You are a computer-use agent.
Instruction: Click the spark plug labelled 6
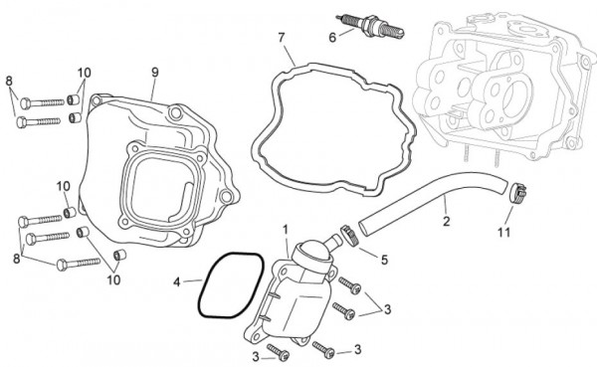coord(369,25)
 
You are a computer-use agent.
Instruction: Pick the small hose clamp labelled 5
coord(349,235)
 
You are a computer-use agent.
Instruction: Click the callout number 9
coord(154,72)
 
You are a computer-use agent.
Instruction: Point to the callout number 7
coord(282,38)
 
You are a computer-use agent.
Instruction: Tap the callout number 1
coord(286,229)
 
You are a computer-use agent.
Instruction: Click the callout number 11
coord(504,232)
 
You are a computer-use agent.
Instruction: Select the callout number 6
coord(332,38)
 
